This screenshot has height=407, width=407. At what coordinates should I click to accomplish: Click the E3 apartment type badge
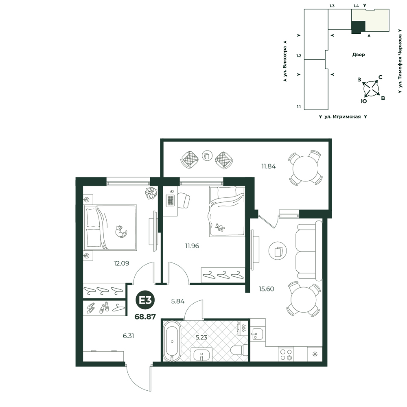[145, 301]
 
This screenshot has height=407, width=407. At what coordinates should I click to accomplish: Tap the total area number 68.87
[145, 317]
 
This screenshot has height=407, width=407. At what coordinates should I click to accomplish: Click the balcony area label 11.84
[268, 166]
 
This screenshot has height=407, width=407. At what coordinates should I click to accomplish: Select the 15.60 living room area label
[266, 289]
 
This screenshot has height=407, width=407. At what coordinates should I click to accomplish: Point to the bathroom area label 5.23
[201, 337]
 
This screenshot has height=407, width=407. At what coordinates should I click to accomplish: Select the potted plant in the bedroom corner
[151, 193]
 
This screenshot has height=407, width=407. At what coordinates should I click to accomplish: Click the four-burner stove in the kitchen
[286, 354]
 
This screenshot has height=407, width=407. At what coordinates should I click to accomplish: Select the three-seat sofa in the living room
[309, 251]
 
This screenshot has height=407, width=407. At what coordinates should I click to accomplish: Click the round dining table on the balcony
[305, 168]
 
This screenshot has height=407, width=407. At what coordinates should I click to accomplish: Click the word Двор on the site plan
[359, 55]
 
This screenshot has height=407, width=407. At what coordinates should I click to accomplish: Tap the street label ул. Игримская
[343, 117]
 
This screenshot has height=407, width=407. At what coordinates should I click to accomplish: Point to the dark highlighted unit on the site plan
[358, 27]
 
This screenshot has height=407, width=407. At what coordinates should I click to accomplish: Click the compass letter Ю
[364, 101]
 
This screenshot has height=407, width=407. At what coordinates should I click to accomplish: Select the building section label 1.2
[299, 55]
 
